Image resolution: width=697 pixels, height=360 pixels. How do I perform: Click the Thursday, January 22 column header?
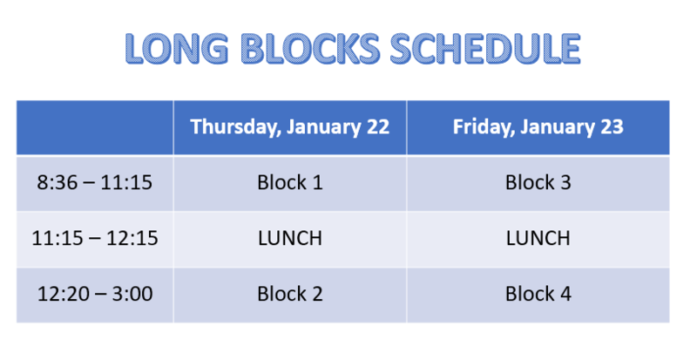tap(289, 127)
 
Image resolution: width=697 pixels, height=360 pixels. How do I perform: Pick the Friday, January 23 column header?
tap(538, 127)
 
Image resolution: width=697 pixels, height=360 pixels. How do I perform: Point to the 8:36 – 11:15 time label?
tap(94, 183)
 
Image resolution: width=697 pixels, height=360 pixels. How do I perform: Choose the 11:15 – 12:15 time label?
tap(94, 238)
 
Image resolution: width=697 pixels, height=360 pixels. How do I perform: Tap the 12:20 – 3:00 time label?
tap(94, 294)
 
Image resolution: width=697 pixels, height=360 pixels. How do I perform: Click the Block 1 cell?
tap(289, 183)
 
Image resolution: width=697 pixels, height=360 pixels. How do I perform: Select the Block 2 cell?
tap(289, 294)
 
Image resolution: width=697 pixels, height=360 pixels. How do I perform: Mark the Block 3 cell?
tap(538, 183)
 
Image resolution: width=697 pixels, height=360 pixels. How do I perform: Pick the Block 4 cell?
tap(538, 294)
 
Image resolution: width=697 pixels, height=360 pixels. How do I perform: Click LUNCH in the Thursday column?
tap(289, 238)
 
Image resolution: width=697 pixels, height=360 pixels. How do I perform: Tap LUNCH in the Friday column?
tap(538, 238)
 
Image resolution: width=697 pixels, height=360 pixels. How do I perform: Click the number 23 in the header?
tap(611, 127)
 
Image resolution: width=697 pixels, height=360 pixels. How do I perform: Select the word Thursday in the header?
tap(228, 127)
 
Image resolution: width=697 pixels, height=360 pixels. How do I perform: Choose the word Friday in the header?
tap(480, 127)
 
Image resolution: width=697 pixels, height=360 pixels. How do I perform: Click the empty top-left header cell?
tap(94, 127)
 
